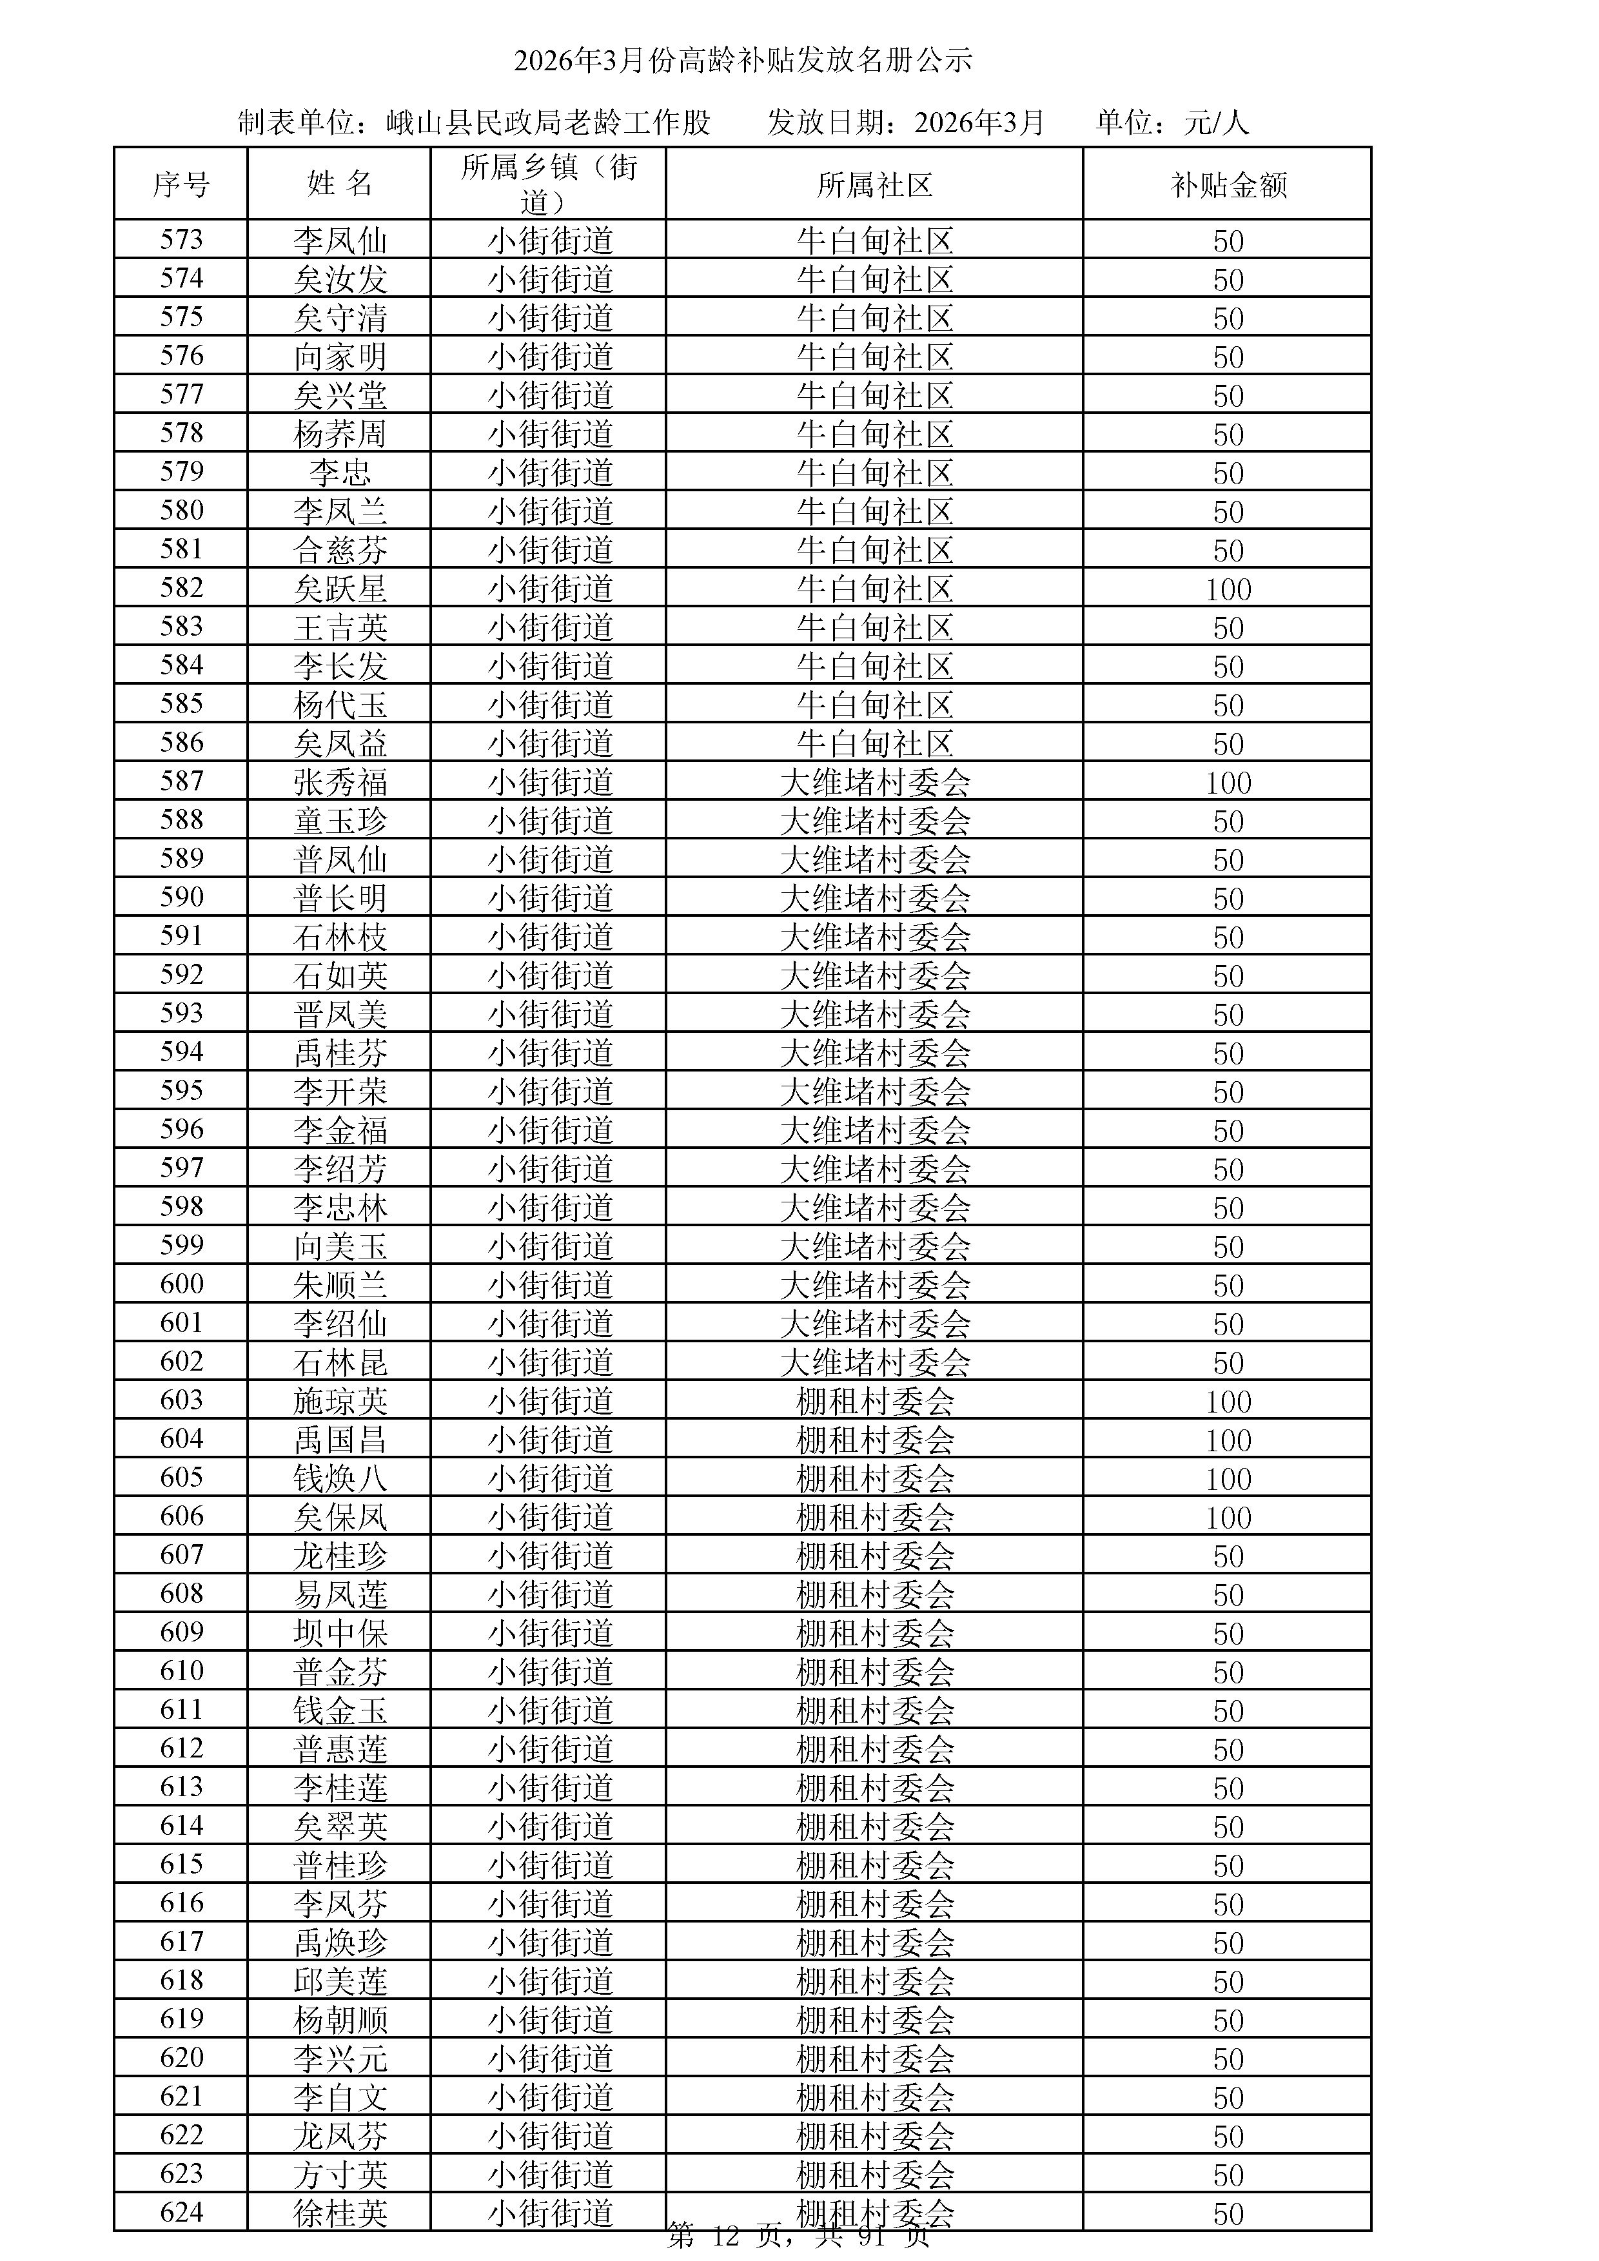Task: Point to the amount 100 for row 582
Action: tap(1228, 589)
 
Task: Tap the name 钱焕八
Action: tap(340, 1477)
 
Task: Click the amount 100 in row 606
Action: tap(1228, 1516)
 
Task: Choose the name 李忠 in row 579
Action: tap(340, 473)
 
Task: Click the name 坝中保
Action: tap(340, 1632)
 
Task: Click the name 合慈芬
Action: tap(340, 549)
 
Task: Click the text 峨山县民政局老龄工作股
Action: tap(547, 122)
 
